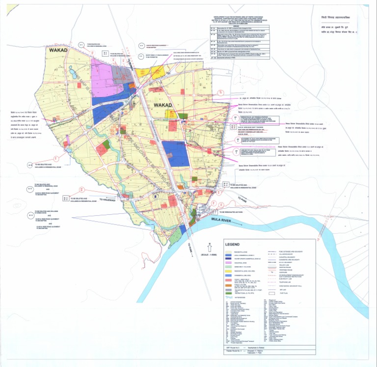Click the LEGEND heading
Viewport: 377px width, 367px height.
[232, 244]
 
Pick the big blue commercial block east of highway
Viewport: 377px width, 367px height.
[175, 154]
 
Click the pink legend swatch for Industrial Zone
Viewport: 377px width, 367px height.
[229, 263]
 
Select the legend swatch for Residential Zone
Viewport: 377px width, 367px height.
[229, 251]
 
